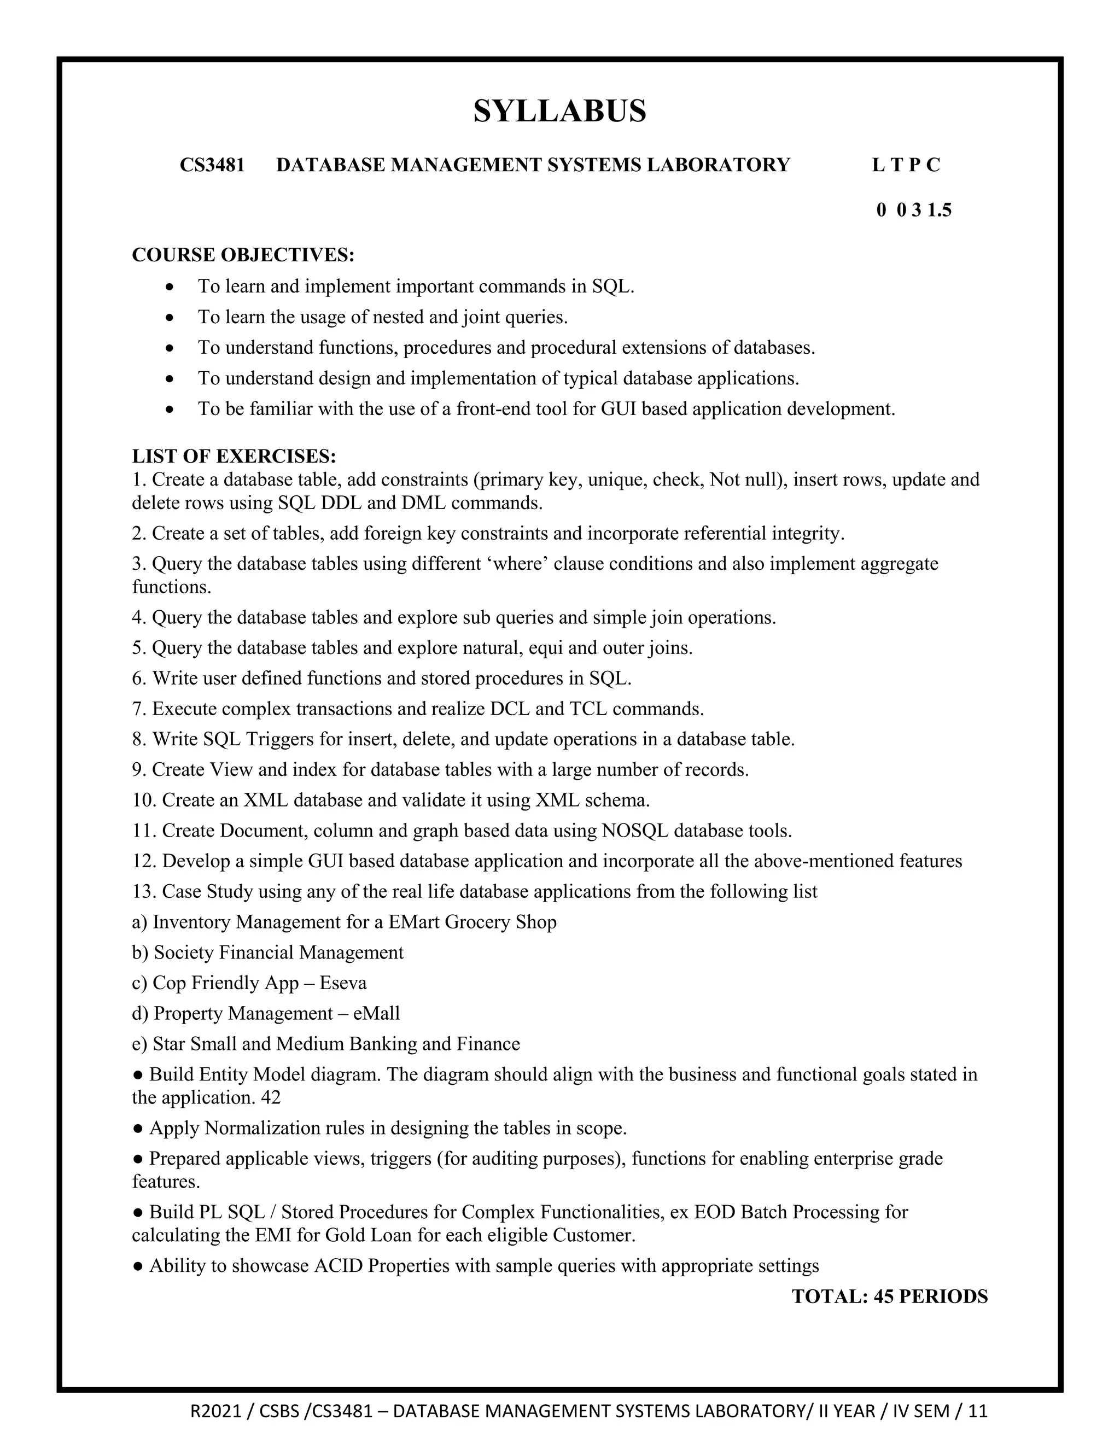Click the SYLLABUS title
coord(559,111)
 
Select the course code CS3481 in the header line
coord(212,165)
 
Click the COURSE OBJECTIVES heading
coord(243,255)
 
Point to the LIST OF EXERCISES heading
coord(234,457)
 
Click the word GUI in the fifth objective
coord(619,408)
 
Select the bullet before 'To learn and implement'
coord(171,287)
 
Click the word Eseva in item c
coord(342,983)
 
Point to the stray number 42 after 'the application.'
coord(271,1097)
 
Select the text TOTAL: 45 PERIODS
coord(889,1296)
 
